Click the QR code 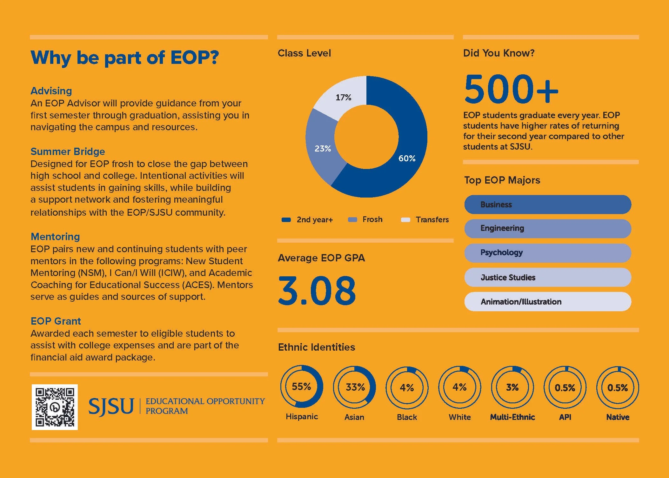pyautogui.click(x=55, y=407)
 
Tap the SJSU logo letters pyautogui.click(x=111, y=407)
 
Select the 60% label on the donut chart pyautogui.click(x=407, y=158)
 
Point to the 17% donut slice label pyautogui.click(x=343, y=98)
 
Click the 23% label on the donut pyautogui.click(x=323, y=148)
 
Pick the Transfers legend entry pyautogui.click(x=425, y=220)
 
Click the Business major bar pyautogui.click(x=547, y=205)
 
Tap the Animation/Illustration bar pyautogui.click(x=547, y=301)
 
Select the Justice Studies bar pyautogui.click(x=547, y=277)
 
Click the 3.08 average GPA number pyautogui.click(x=317, y=290)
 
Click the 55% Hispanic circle pyautogui.click(x=301, y=387)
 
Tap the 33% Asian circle pyautogui.click(x=354, y=387)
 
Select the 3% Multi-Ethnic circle pyautogui.click(x=512, y=387)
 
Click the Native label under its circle pyautogui.click(x=618, y=417)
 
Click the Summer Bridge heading pyautogui.click(x=68, y=151)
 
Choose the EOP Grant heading pyautogui.click(x=56, y=321)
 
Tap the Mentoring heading pyautogui.click(x=55, y=237)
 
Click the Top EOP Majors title pyautogui.click(x=502, y=180)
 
